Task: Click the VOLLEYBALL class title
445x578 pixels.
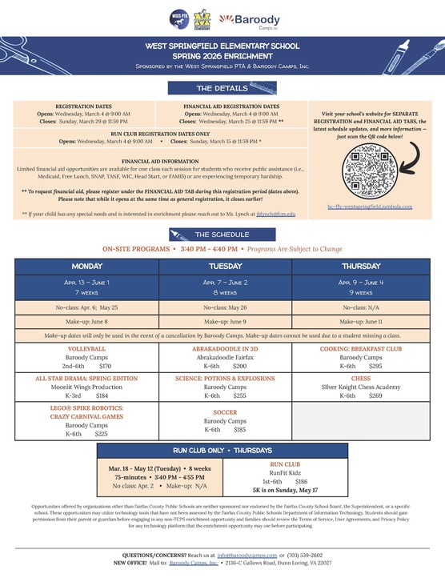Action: [x=87, y=349]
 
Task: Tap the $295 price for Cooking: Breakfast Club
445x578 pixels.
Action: [x=375, y=365]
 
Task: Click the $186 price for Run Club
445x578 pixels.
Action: [x=302, y=481]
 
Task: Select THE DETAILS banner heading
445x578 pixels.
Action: [x=222, y=88]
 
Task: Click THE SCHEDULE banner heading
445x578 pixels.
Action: [x=222, y=234]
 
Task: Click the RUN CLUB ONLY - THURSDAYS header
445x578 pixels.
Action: [x=222, y=450]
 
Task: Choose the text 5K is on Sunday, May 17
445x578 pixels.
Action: [x=285, y=490]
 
